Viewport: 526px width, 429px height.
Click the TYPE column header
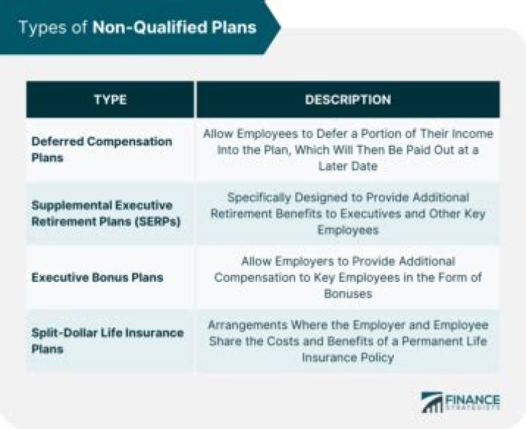click(x=110, y=99)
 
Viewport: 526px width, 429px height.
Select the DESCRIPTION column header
click(x=348, y=99)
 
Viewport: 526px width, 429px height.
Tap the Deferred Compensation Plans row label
click(x=102, y=148)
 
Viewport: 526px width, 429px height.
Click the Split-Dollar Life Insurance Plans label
click(x=107, y=341)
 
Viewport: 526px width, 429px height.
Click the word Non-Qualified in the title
click(x=138, y=28)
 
